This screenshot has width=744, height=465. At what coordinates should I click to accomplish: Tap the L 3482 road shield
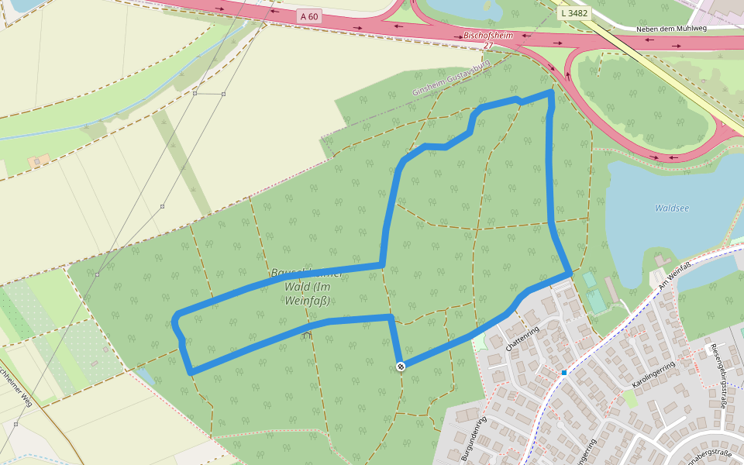pyautogui.click(x=574, y=13)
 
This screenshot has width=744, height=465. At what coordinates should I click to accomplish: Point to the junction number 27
pyautogui.click(x=487, y=46)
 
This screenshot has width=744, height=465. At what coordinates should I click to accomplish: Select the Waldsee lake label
pyautogui.click(x=671, y=208)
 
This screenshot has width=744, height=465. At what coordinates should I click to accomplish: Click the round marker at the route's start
pyautogui.click(x=401, y=366)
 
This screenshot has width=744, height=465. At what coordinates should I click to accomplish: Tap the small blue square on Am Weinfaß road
pyautogui.click(x=564, y=373)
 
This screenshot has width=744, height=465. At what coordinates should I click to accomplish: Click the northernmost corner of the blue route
pyautogui.click(x=551, y=92)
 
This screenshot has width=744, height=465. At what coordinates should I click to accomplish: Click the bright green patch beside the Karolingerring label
pyautogui.click(x=629, y=398)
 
